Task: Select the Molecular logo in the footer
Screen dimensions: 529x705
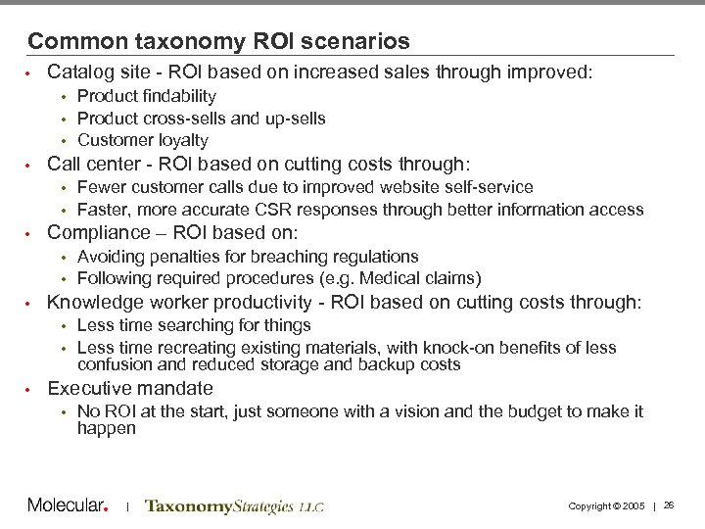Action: point(67,505)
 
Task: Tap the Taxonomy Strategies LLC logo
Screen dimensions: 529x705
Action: point(233,506)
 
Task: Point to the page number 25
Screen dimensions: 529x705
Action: point(669,505)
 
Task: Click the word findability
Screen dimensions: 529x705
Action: point(176,96)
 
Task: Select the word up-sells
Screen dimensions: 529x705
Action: point(293,119)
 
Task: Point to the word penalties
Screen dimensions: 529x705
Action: point(181,257)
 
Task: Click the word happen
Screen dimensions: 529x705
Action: point(106,429)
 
